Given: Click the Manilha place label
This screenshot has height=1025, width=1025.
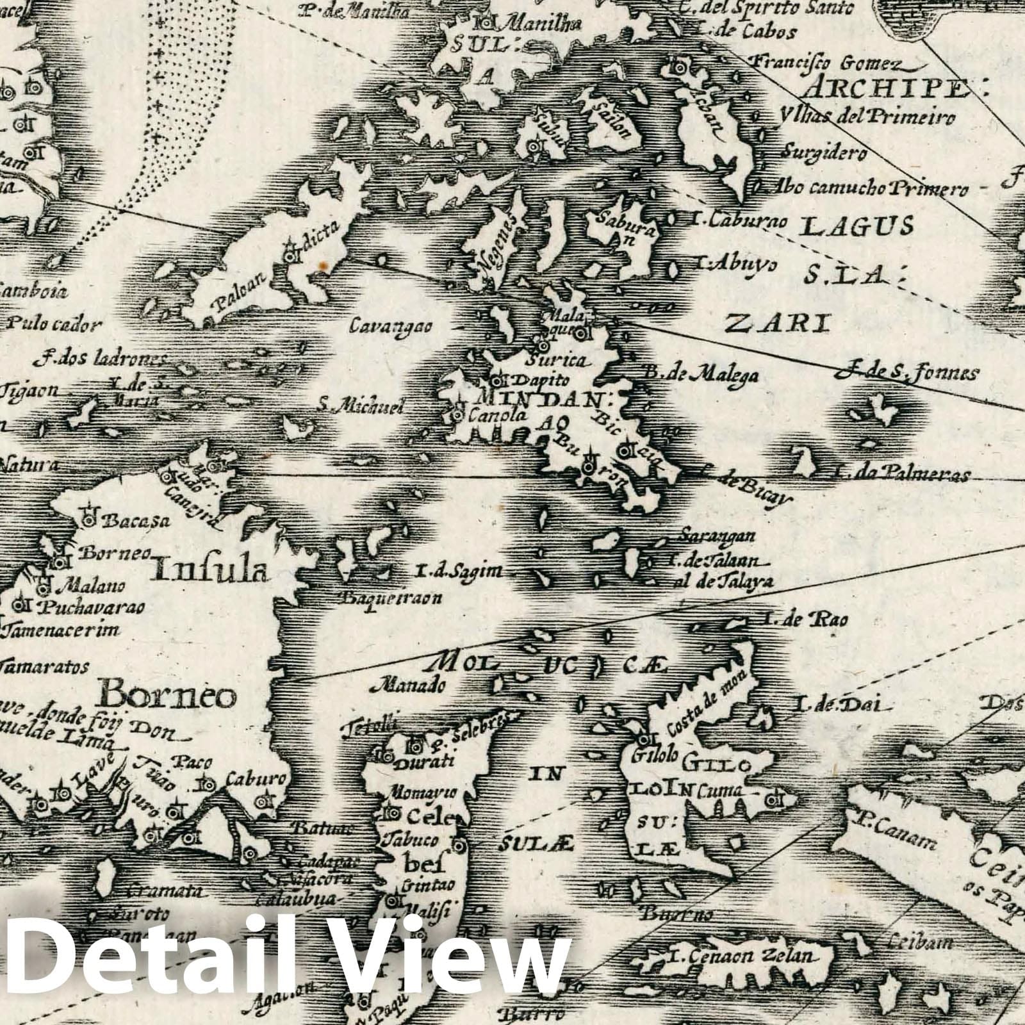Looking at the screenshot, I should pyautogui.click(x=541, y=24).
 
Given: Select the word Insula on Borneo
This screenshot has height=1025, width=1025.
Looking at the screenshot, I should pyautogui.click(x=210, y=568).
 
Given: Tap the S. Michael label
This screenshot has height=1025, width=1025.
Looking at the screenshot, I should pyautogui.click(x=363, y=406).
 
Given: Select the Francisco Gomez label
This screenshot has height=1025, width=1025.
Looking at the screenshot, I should pyautogui.click(x=826, y=63).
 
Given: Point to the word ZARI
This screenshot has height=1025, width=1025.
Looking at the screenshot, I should pyautogui.click(x=776, y=324).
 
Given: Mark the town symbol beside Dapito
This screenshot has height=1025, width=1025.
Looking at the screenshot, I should pyautogui.click(x=497, y=378).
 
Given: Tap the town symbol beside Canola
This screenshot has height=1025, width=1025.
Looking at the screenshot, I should pyautogui.click(x=458, y=415).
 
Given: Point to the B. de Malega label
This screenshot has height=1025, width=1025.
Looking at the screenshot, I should pyautogui.click(x=700, y=374).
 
